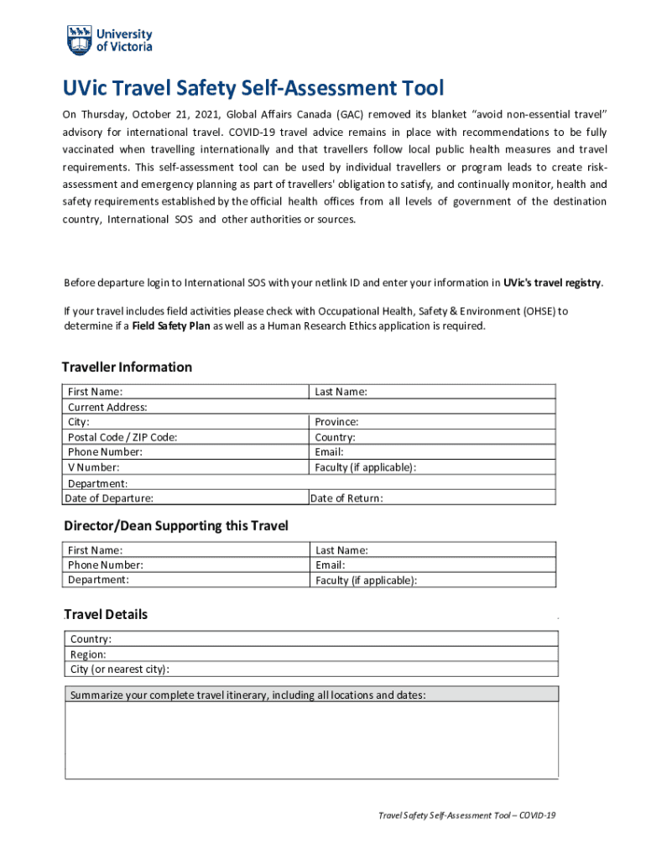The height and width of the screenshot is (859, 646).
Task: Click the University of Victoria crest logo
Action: [80, 39]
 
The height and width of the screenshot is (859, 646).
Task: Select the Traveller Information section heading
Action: [127, 367]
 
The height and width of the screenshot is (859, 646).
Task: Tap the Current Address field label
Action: [107, 407]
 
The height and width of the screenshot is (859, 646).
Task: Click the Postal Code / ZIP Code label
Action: [122, 437]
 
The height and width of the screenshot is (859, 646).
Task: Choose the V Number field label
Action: [93, 467]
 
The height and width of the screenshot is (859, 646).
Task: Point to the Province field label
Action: [336, 422]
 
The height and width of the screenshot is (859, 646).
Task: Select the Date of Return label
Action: [346, 498]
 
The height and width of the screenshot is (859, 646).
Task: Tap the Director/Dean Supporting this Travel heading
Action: [176, 526]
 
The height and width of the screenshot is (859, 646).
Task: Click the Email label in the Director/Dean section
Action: [330, 565]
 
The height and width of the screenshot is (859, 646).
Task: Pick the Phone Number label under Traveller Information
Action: [105, 452]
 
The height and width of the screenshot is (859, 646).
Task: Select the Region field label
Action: [88, 654]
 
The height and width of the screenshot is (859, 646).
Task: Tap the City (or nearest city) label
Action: [120, 669]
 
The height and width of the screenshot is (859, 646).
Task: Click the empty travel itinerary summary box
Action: [311, 740]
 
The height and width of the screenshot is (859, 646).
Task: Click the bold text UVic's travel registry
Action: [552, 283]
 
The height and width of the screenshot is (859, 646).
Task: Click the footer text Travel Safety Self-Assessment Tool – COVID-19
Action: [467, 815]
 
